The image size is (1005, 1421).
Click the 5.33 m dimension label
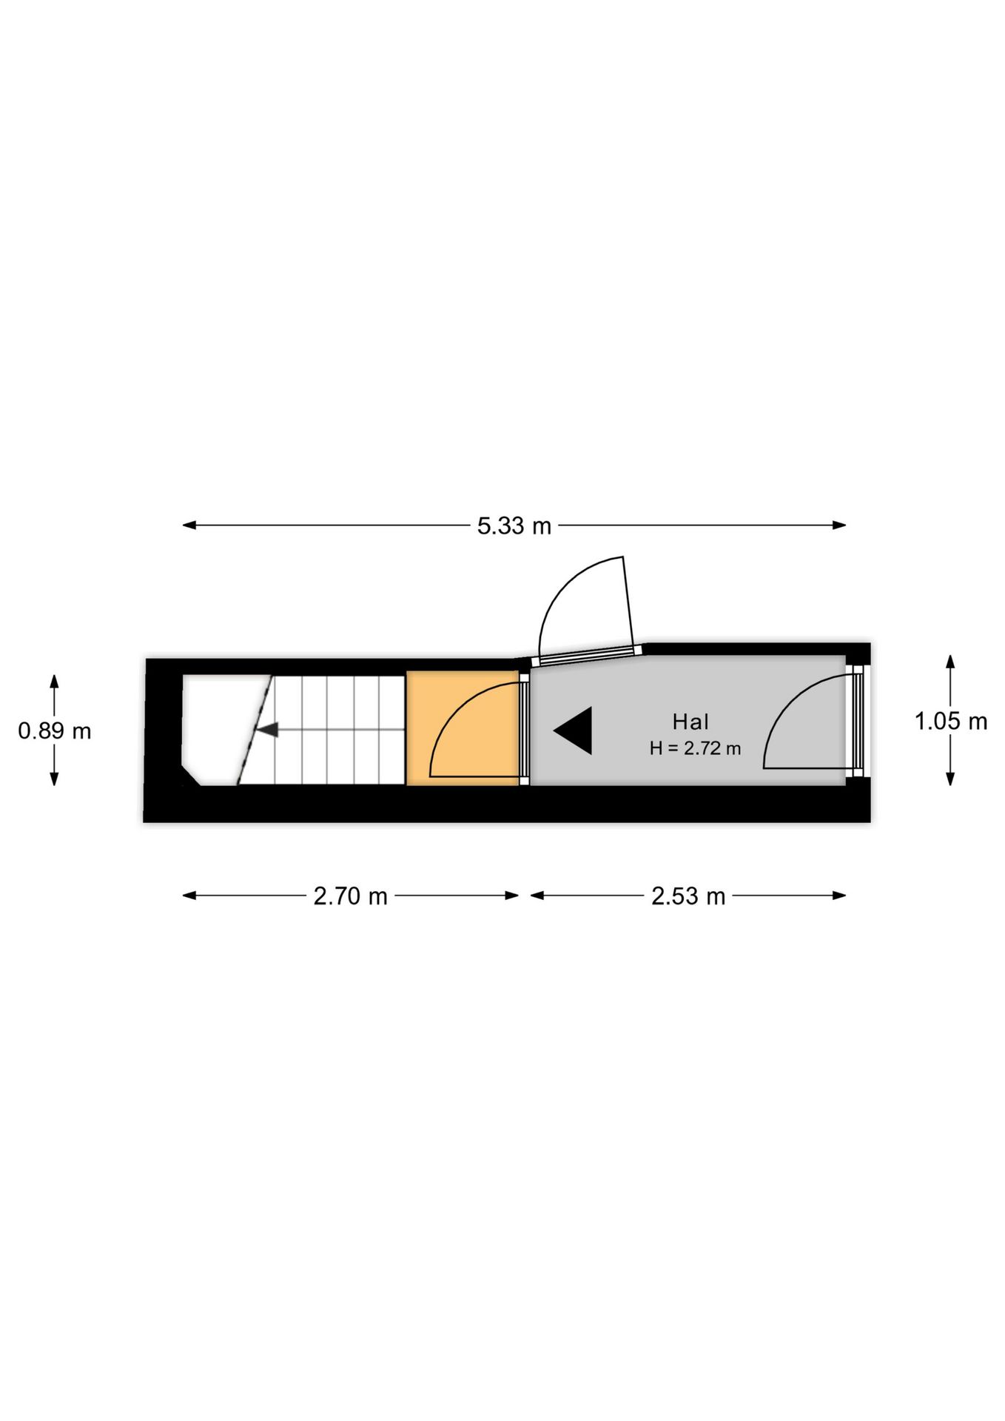(514, 525)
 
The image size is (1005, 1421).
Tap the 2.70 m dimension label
(350, 896)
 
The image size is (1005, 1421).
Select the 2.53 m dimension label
(688, 896)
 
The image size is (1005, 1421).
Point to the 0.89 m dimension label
(55, 731)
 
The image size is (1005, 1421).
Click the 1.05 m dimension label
(951, 721)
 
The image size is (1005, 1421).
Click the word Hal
(690, 722)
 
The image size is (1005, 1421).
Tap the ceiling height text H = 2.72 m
(695, 748)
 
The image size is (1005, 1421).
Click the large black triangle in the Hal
(574, 730)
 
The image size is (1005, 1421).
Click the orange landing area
(463, 728)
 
